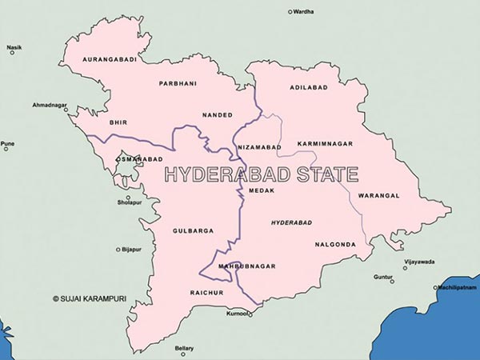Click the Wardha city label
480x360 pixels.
pyautogui.click(x=304, y=12)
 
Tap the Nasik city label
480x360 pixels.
pyautogui.click(x=14, y=48)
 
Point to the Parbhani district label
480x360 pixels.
pyautogui.click(x=177, y=83)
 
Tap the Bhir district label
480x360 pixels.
pyautogui.click(x=118, y=122)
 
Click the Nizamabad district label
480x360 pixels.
pyautogui.click(x=258, y=147)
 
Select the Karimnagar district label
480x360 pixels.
pyautogui.click(x=324, y=143)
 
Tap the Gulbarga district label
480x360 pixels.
pyautogui.click(x=193, y=231)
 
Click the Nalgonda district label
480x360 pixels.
pyautogui.click(x=334, y=244)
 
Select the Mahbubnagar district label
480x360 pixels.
pyautogui.click(x=247, y=266)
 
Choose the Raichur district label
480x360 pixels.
pyautogui.click(x=206, y=293)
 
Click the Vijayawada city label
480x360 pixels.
pyautogui.click(x=419, y=262)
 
